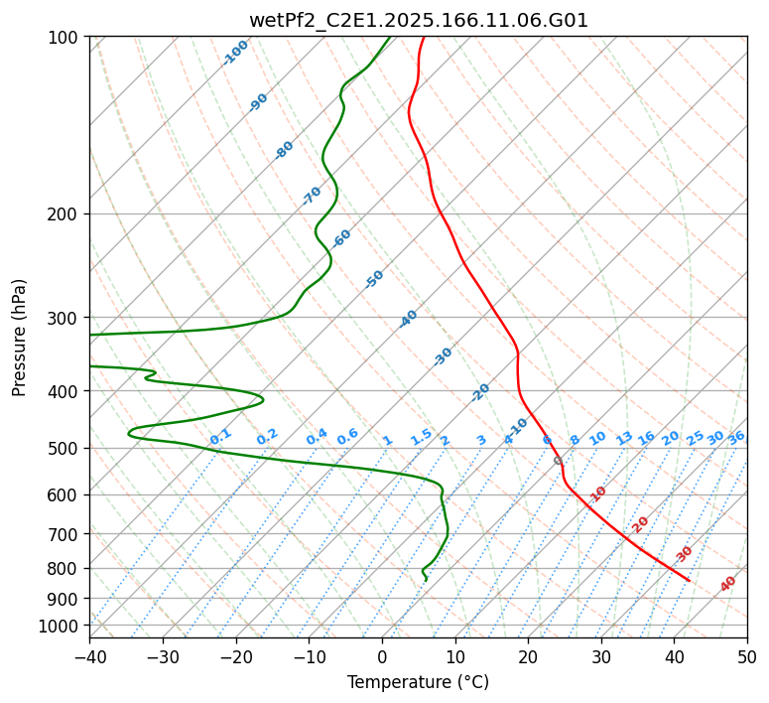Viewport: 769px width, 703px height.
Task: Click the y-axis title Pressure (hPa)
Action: (20, 337)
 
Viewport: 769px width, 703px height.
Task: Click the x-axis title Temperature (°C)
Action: (418, 682)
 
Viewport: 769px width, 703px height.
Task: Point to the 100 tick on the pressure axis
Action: (65, 37)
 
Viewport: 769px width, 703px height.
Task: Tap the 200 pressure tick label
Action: (65, 213)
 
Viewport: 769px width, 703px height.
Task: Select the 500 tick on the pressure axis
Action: (65, 448)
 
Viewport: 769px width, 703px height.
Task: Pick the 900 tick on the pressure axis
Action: (65, 598)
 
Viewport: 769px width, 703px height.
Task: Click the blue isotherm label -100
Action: (236, 53)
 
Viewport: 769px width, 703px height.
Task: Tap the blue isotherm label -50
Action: (374, 279)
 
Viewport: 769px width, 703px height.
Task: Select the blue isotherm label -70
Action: (313, 196)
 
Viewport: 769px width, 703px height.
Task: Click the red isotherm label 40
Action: (728, 584)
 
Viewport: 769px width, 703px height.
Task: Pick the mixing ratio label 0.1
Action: (220, 437)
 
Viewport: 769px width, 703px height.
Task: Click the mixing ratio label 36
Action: (736, 438)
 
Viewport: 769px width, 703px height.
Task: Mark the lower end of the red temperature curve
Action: (689, 580)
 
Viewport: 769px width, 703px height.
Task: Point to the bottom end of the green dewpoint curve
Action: (426, 580)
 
